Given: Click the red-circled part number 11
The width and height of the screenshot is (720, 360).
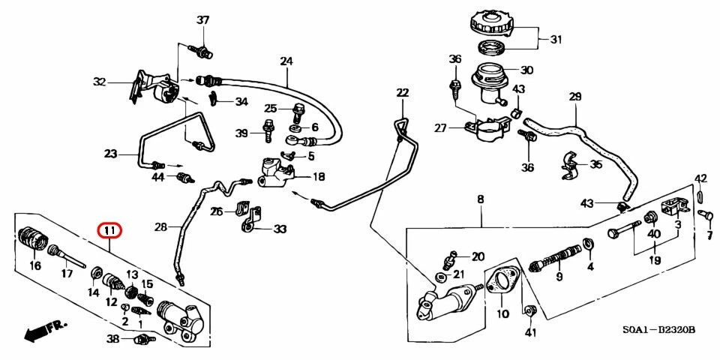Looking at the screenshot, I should click(x=109, y=229).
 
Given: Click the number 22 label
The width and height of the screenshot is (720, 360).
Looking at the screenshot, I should click(x=403, y=93).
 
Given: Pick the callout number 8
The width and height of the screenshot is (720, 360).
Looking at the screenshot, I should click(x=480, y=199).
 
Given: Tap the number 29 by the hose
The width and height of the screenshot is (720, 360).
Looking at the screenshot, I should click(x=575, y=96).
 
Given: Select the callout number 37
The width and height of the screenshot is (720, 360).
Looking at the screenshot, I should click(x=202, y=20).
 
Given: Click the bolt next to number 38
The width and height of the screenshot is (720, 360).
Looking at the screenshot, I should click(x=140, y=341).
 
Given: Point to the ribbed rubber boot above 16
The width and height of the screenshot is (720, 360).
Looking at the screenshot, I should click(x=31, y=238).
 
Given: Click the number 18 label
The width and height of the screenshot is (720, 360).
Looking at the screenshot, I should click(x=319, y=177).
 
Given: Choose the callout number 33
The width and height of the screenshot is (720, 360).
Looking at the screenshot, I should click(x=280, y=229).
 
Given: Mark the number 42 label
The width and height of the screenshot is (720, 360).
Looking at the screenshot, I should click(x=700, y=178).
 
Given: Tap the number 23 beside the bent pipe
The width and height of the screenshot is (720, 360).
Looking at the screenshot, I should click(x=111, y=154).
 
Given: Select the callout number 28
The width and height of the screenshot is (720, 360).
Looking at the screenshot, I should click(x=161, y=226).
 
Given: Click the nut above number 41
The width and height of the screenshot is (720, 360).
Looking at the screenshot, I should click(x=531, y=310).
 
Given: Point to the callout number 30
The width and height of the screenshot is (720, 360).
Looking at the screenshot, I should click(x=526, y=70).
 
